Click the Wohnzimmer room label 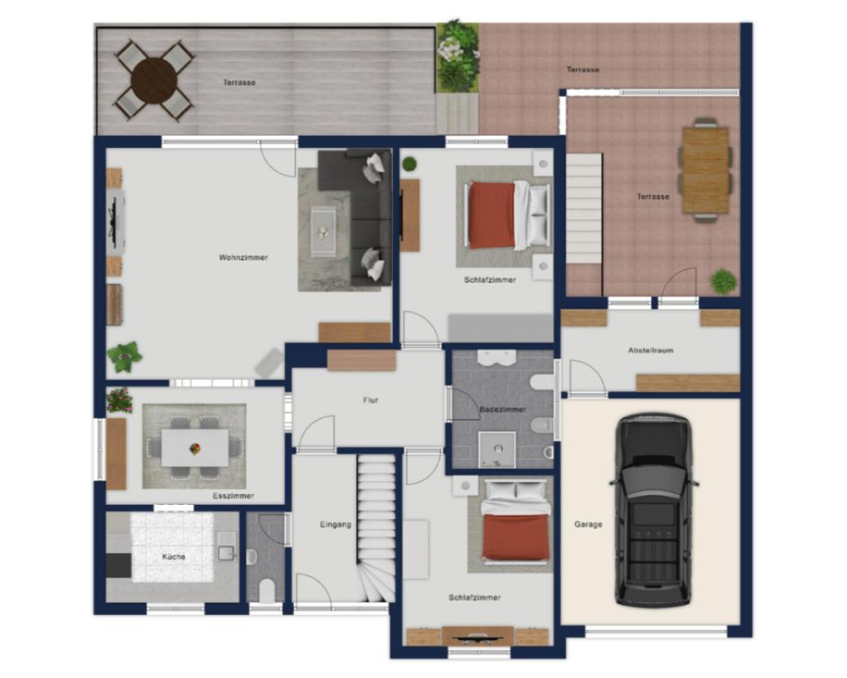click(x=243, y=257)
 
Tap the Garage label click(x=588, y=524)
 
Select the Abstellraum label click(x=650, y=350)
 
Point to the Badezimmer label click(x=502, y=409)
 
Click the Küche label click(x=173, y=556)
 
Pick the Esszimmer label click(x=233, y=495)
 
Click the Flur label click(x=371, y=400)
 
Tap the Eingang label click(x=336, y=524)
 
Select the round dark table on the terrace click(x=154, y=81)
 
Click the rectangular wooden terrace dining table click(x=706, y=170)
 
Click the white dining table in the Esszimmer click(x=195, y=448)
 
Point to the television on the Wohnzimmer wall click(x=114, y=221)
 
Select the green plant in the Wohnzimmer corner click(x=124, y=356)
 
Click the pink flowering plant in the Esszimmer click(x=119, y=399)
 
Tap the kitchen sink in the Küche click(x=226, y=553)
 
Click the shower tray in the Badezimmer click(x=497, y=449)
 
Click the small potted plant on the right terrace click(x=724, y=282)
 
